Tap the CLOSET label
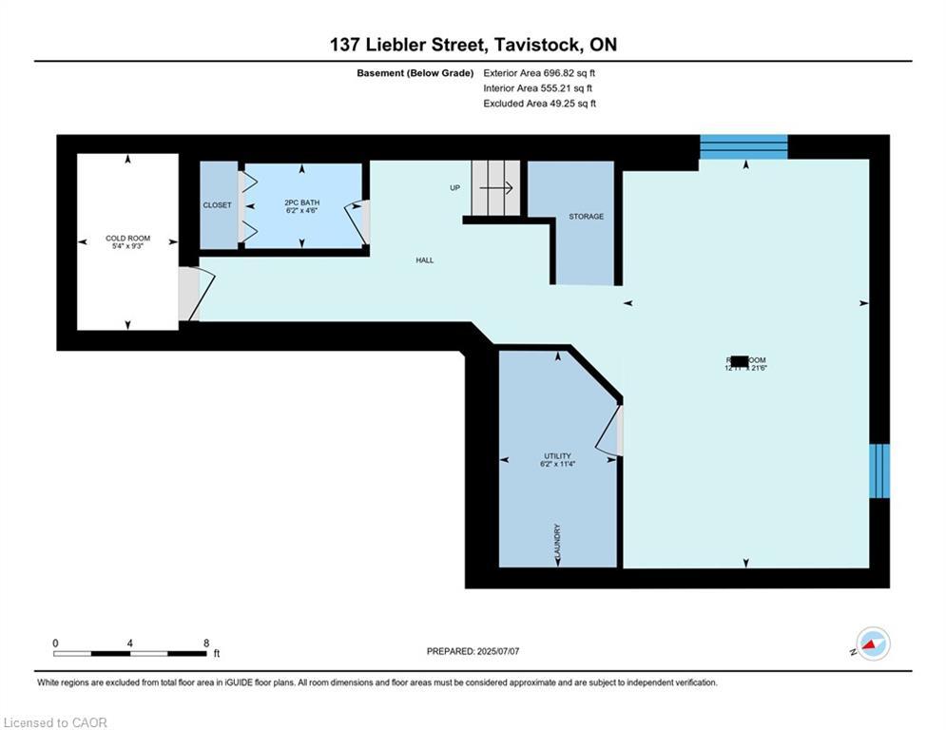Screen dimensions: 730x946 [x=217, y=205]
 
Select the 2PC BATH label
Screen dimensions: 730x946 [x=301, y=203]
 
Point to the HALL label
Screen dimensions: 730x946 [x=424, y=259]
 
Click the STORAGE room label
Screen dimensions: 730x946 [x=586, y=217]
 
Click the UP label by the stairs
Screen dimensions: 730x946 [x=455, y=188]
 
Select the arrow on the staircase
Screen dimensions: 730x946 [x=496, y=188]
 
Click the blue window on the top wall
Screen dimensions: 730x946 [x=743, y=146]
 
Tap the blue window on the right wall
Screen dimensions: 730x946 [x=879, y=471]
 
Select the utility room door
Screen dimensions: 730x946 [x=609, y=431]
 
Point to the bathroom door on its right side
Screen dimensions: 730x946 [x=357, y=221]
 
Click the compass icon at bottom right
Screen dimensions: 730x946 [x=872, y=644]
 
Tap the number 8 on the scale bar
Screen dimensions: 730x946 [x=206, y=644]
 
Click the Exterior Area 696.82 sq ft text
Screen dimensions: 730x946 [x=539, y=72]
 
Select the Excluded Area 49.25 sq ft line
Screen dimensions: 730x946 [x=539, y=104]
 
